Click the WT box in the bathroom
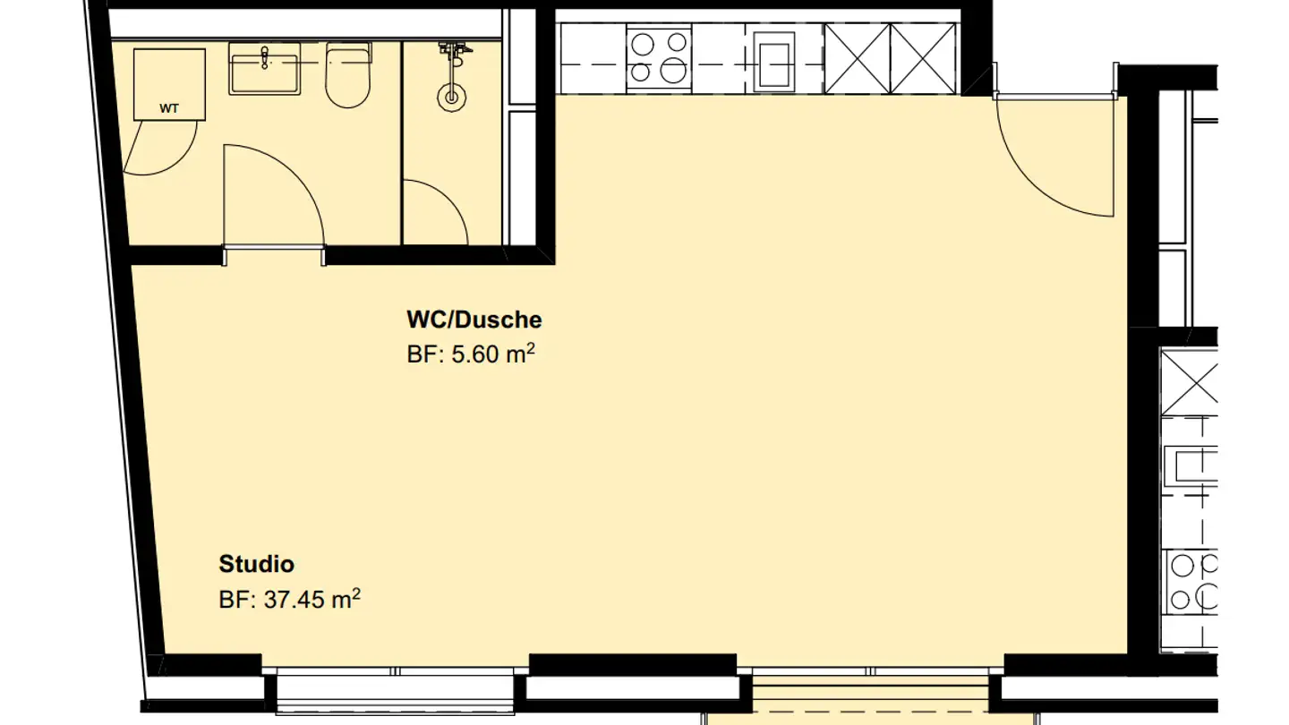pyautogui.click(x=169, y=84)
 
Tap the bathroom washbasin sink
pyautogui.click(x=264, y=71)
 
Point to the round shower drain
pyautogui.click(x=452, y=96)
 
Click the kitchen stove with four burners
pyautogui.click(x=659, y=58)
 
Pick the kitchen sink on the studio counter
pyautogui.click(x=774, y=60)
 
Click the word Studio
pyautogui.click(x=256, y=565)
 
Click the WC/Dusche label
pyautogui.click(x=474, y=320)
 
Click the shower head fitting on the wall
pyautogui.click(x=454, y=53)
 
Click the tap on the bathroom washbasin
pyautogui.click(x=265, y=57)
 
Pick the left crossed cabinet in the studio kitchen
pyautogui.click(x=857, y=58)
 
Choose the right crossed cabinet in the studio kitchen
pyautogui.click(x=923, y=58)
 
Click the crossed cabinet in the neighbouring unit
pyautogui.click(x=1190, y=380)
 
